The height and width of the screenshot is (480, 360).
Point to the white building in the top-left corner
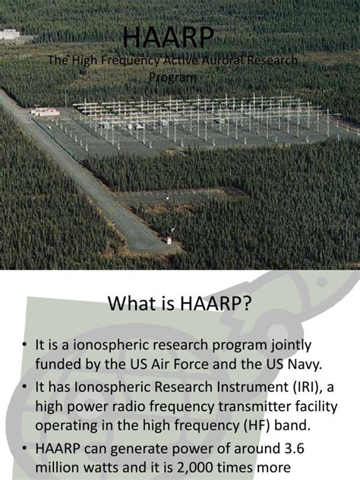point(9,34)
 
